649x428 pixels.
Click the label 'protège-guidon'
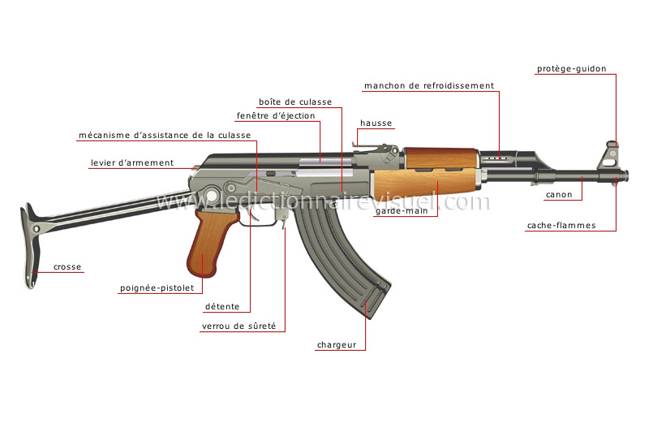[571, 69]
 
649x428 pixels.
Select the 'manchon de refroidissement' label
[428, 85]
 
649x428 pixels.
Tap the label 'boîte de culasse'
[294, 102]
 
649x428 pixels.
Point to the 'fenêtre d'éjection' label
[276, 115]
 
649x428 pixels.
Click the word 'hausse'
[376, 123]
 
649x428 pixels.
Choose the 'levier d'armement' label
[131, 162]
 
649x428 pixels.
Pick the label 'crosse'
[68, 266]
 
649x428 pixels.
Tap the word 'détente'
[221, 306]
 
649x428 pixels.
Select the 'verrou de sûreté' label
[239, 326]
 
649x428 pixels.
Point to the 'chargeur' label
[337, 345]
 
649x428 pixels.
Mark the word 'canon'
[558, 195]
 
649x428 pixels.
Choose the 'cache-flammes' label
[561, 225]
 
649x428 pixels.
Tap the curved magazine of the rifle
[341, 260]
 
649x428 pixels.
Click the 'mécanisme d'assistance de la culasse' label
[164, 135]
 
